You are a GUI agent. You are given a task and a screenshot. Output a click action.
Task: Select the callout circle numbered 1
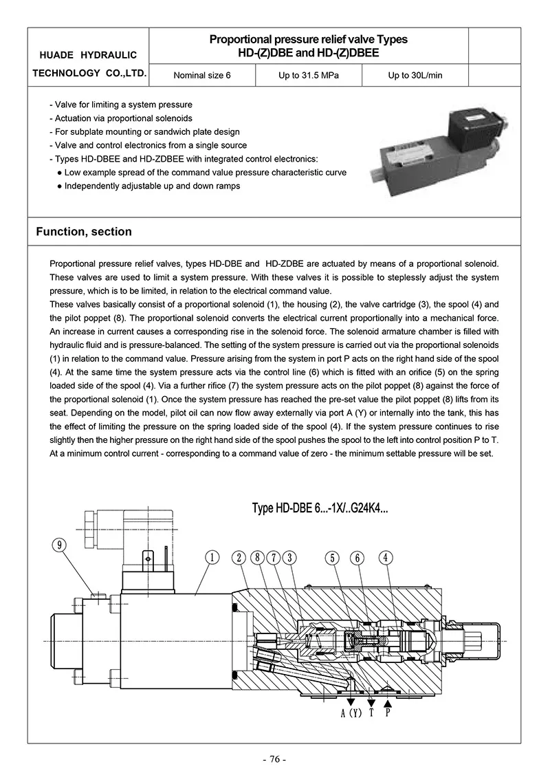213,558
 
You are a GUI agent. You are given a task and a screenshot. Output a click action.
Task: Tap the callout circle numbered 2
239,558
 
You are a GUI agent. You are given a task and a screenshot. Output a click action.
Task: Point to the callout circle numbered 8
257,558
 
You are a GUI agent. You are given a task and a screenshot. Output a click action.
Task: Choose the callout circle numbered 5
332,558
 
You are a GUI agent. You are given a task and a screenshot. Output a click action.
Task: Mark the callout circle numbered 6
358,558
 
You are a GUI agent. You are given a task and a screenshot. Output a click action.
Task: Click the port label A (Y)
351,713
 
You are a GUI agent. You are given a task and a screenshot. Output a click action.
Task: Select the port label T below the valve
371,713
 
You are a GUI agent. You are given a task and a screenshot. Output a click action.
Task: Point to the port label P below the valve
388,713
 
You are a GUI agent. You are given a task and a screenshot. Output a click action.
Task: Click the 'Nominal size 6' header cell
202,75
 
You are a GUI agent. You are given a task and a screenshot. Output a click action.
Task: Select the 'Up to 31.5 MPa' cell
309,75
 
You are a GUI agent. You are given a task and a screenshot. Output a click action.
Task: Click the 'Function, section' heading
84,232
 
